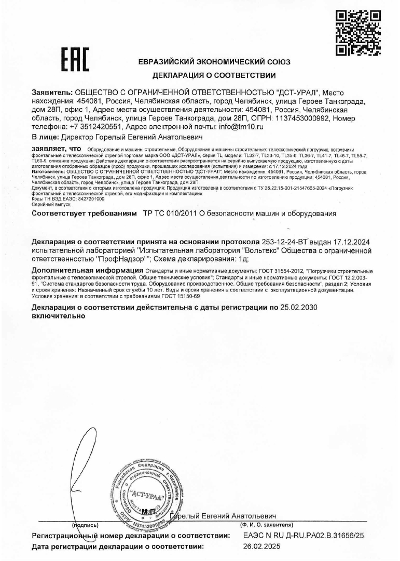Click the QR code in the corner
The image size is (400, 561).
click(358, 33)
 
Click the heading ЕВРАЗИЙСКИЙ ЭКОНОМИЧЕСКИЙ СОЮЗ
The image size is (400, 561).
click(214, 62)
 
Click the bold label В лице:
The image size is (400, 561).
click(45, 137)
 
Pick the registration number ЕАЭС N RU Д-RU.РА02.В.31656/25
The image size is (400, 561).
click(304, 535)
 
